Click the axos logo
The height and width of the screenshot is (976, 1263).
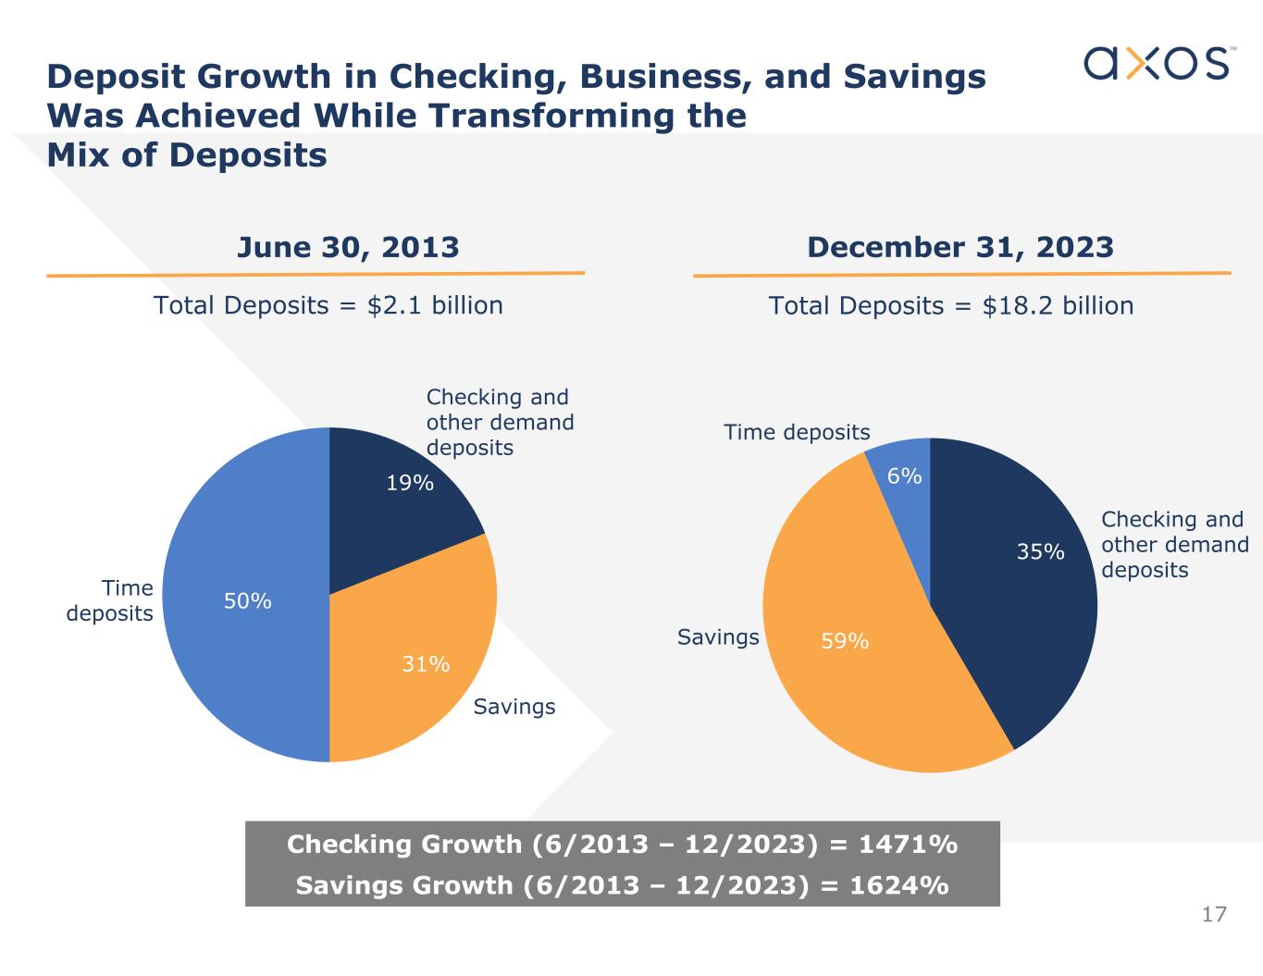[1157, 63]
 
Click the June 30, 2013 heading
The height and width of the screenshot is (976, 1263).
[348, 247]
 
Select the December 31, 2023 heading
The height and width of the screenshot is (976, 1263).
[960, 247]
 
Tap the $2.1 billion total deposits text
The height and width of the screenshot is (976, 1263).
[435, 305]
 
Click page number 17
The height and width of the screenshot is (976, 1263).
[1214, 915]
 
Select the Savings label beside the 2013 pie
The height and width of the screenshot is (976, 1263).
[514, 708]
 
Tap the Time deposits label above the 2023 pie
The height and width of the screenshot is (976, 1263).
[797, 433]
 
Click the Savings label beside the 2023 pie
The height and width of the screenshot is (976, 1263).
[718, 637]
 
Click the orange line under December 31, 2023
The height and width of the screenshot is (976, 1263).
[961, 274]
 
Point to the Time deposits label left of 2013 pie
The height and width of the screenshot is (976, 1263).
[111, 601]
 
